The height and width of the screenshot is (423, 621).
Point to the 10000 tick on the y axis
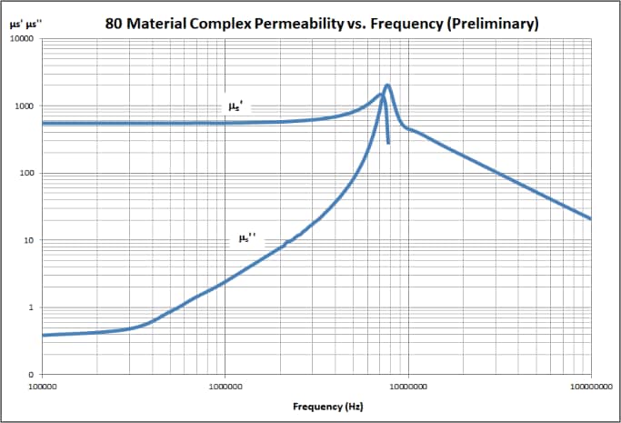[x=21, y=40]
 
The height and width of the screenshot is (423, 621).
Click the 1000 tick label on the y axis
[x=24, y=106]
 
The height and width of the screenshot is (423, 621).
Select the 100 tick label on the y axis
[x=26, y=174]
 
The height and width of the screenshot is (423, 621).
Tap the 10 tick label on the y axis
[x=29, y=241]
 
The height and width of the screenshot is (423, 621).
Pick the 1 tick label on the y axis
[x=32, y=307]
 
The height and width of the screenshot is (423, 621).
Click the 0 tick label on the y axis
[x=32, y=375]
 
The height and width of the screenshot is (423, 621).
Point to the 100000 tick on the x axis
[x=45, y=386]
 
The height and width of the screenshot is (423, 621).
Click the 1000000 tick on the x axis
[x=225, y=386]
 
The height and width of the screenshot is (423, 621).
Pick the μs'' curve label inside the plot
[x=247, y=238]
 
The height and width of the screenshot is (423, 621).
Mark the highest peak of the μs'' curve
[x=388, y=86]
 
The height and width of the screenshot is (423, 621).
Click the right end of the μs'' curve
[x=591, y=218]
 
